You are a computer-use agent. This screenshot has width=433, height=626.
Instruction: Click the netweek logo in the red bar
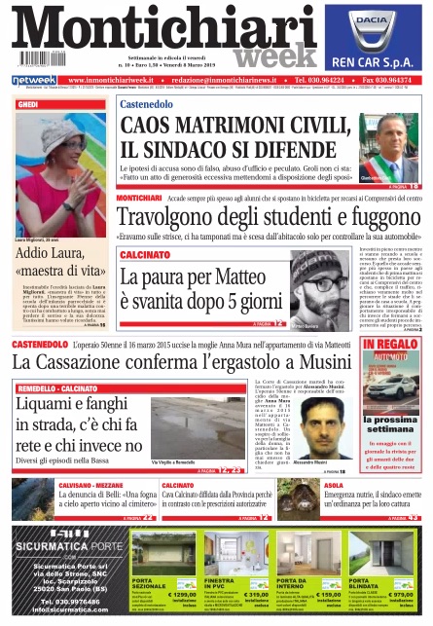pyautogui.click(x=33, y=80)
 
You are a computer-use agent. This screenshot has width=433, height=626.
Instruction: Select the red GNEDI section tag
pyautogui.click(x=29, y=104)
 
